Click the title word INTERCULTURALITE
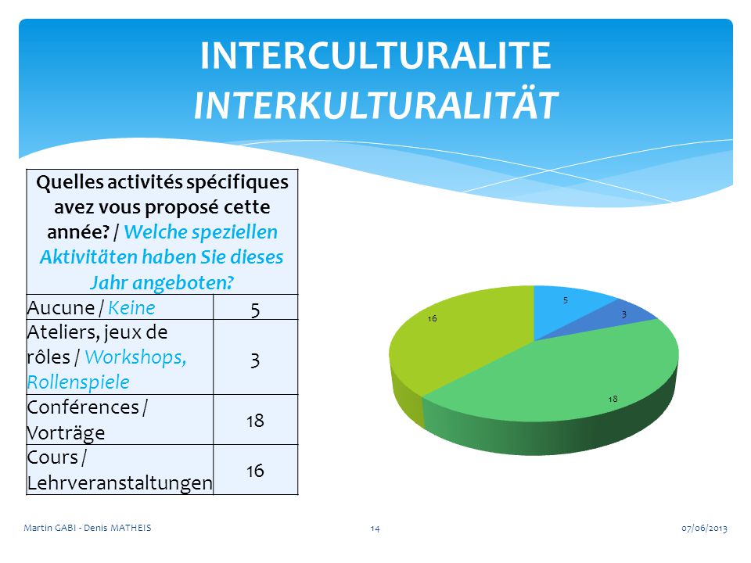[375, 56]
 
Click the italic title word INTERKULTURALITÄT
[375, 105]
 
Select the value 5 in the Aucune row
[255, 310]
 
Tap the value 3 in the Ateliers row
[255, 360]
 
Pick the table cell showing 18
[255, 421]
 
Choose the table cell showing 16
[255, 471]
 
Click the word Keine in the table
[131, 308]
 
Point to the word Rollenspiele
[78, 382]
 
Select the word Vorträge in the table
[66, 432]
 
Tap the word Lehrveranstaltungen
[120, 482]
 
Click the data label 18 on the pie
[613, 399]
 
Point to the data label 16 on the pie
[432, 318]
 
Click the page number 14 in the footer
[375, 529]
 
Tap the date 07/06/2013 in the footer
[704, 528]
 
